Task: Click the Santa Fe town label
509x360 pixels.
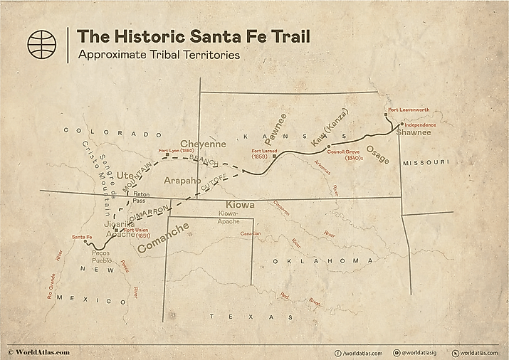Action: [x=81, y=237]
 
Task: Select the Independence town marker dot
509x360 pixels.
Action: [x=402, y=124]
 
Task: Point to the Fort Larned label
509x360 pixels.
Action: [x=266, y=151]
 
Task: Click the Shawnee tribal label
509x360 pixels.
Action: [x=414, y=132]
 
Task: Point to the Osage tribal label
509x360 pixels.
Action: [x=377, y=154]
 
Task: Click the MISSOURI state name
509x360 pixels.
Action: [x=426, y=163]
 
